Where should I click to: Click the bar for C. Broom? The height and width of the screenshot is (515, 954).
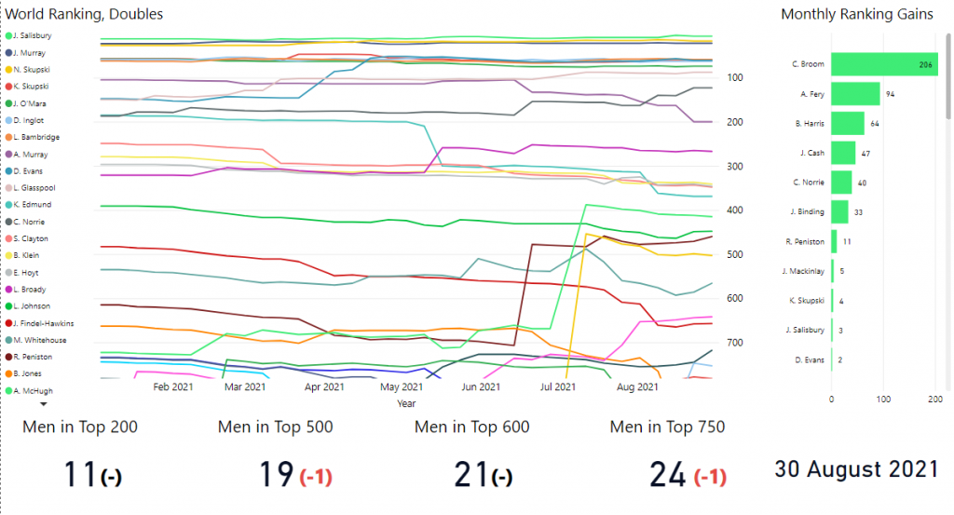(x=883, y=64)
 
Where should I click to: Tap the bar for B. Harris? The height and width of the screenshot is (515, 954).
(x=847, y=123)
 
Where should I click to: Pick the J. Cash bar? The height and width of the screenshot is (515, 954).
(x=843, y=153)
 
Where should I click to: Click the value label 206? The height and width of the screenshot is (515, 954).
(x=926, y=64)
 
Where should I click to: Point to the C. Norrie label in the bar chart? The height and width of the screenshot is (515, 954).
(x=809, y=183)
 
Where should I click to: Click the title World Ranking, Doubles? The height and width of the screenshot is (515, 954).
(x=85, y=14)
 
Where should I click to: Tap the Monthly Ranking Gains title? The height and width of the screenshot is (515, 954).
(x=857, y=14)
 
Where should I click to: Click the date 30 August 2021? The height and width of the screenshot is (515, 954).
(x=856, y=469)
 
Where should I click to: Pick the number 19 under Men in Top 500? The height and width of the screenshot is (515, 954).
(x=277, y=475)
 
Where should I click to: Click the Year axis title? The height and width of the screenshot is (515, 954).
(x=406, y=404)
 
